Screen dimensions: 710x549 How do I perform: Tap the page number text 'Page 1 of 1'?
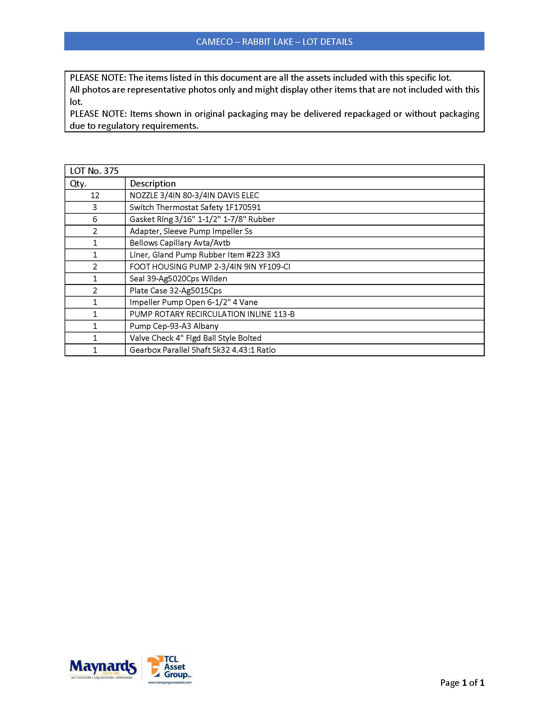(x=462, y=682)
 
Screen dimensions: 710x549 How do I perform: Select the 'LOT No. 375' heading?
(x=94, y=171)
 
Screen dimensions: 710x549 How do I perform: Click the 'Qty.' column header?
(x=78, y=184)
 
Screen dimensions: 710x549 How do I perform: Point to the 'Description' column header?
(x=152, y=184)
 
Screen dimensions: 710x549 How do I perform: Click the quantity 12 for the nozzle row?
(x=95, y=195)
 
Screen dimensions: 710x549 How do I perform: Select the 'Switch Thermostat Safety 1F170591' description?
(x=195, y=208)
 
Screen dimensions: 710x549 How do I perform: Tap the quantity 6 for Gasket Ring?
(x=95, y=219)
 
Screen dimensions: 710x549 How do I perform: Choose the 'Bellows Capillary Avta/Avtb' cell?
(x=180, y=243)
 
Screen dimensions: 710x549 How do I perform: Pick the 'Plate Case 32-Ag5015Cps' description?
(x=176, y=291)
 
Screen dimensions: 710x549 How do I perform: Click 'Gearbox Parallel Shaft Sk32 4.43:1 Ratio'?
(x=202, y=350)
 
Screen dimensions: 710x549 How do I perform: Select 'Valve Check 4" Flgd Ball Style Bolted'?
(x=195, y=338)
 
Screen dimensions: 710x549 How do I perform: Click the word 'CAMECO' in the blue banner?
(x=214, y=42)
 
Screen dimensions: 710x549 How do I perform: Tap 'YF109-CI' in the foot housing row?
(x=274, y=267)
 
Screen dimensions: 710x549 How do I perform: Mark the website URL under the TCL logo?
(x=170, y=682)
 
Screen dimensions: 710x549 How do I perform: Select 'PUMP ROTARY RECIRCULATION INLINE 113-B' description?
(x=212, y=314)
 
